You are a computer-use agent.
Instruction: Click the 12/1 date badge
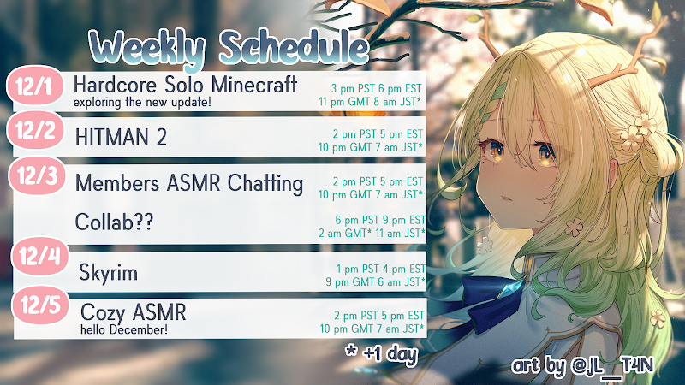coord(35,86)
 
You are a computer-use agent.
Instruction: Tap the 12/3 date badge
coord(37,175)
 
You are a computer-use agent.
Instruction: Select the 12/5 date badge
coord(40,305)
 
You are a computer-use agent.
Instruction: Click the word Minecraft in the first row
coord(253,84)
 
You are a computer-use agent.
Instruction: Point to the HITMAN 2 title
coord(121,137)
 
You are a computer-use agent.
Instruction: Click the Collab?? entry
coord(114,222)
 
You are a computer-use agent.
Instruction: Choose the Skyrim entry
coord(109,273)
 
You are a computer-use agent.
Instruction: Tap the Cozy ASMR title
coord(134,312)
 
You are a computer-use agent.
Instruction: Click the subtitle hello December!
coord(124,329)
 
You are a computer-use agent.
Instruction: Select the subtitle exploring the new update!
coord(142,102)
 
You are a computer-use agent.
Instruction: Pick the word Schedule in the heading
coord(295,46)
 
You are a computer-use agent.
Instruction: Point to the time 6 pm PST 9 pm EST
coord(380,220)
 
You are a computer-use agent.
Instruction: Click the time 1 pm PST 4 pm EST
coord(380,269)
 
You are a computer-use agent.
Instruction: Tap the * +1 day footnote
coord(382,353)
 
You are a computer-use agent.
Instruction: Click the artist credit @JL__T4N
coord(612,366)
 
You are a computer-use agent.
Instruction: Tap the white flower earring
coord(574,227)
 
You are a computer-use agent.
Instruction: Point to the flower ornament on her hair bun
coord(639,131)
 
